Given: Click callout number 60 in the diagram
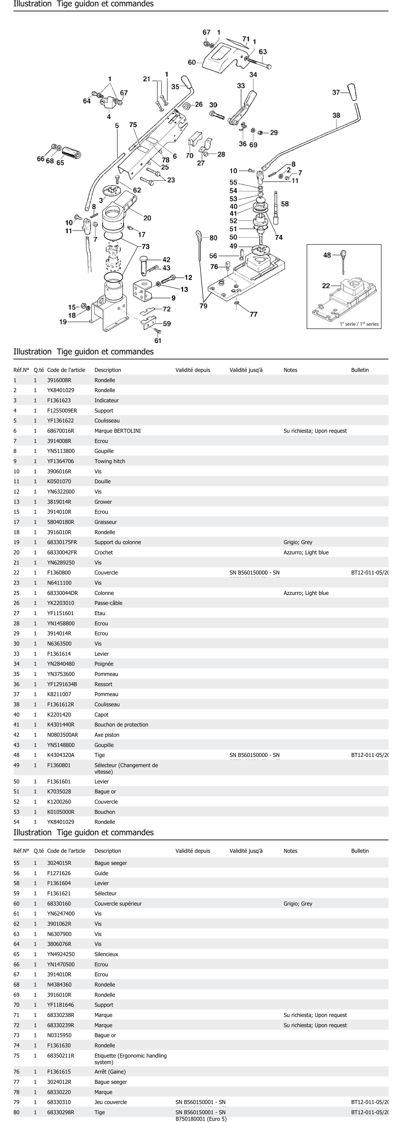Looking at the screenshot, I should [x=192, y=62].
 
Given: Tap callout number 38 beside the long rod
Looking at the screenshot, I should [x=336, y=115].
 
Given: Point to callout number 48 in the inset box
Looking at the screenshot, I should [x=327, y=255].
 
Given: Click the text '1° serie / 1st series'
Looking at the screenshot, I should [x=359, y=324].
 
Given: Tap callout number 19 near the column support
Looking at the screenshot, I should [x=63, y=322].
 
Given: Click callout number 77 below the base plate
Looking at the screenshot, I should [x=254, y=314].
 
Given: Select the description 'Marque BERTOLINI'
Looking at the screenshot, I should [x=118, y=431].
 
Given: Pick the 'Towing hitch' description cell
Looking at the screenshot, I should [x=110, y=461].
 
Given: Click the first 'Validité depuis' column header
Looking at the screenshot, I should [x=192, y=370].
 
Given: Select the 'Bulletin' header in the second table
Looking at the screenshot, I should [x=360, y=851].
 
